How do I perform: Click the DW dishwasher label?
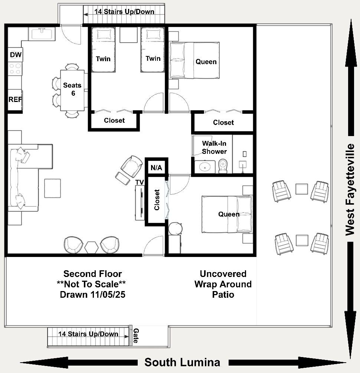coord(16,55)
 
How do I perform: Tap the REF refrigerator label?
coord(15,99)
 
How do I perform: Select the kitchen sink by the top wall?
coord(42,33)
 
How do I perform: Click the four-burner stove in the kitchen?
coord(15,69)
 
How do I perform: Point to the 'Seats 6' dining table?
coord(72,90)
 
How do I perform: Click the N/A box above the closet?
coord(156,168)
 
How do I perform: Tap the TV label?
coord(140,182)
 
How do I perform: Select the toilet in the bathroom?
coord(223,166)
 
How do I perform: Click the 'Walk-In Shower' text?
coord(214,147)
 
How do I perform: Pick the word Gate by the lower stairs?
coord(136,336)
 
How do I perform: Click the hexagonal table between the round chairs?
coord(91,247)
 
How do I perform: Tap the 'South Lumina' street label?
coord(182,362)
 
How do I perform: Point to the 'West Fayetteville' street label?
coord(350,189)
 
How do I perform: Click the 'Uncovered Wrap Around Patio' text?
coord(223,284)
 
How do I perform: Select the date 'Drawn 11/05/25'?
coord(93,294)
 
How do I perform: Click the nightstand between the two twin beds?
coord(128,35)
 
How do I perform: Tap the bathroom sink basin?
coord(205,167)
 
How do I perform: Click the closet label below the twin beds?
coord(114,121)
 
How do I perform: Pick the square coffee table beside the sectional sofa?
coord(52,188)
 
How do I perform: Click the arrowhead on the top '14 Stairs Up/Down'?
coord(85,14)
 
